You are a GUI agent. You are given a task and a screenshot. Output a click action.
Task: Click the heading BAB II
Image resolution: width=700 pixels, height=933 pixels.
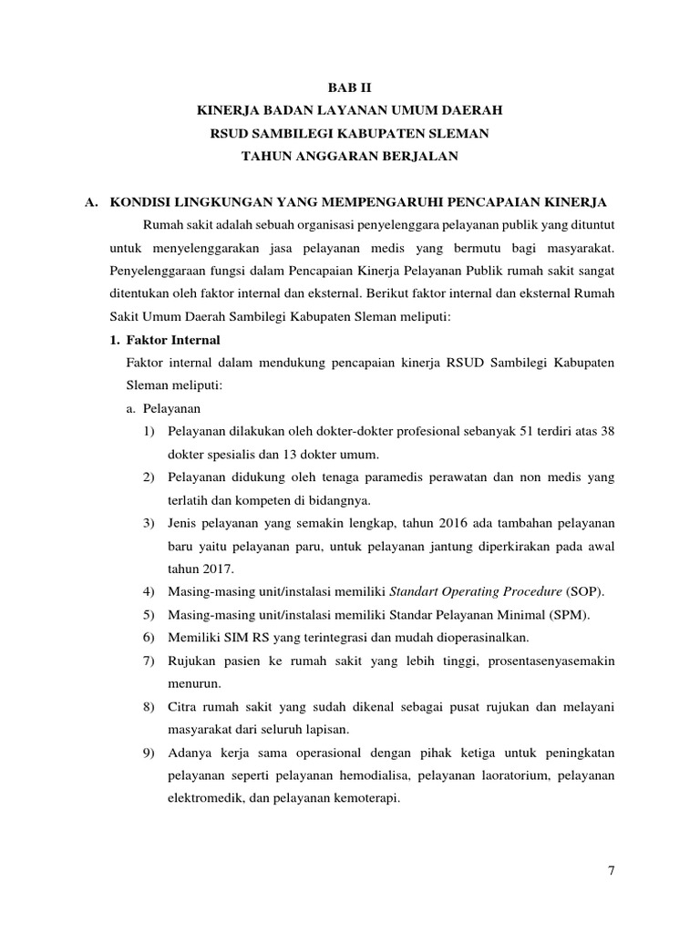point(350,87)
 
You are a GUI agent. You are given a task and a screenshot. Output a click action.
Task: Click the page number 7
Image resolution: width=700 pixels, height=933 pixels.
point(612,870)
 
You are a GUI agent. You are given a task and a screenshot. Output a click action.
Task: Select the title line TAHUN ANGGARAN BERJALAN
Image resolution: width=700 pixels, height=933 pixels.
point(349,157)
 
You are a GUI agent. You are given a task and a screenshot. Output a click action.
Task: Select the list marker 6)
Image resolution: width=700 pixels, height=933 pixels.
point(149,638)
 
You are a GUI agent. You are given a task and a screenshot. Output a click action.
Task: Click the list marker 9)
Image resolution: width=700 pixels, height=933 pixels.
point(149,753)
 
